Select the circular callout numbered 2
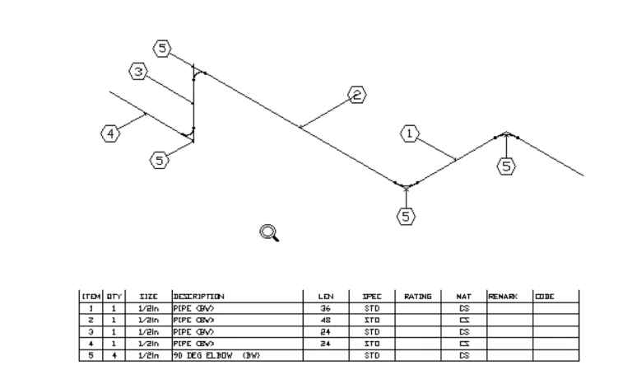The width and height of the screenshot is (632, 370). (x=357, y=96)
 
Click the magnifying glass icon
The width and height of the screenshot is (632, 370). (x=269, y=233)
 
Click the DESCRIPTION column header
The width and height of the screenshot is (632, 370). (x=198, y=295)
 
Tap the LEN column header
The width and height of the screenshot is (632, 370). (x=324, y=295)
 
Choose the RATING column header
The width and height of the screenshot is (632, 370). (x=418, y=295)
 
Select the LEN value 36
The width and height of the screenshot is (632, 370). (x=324, y=307)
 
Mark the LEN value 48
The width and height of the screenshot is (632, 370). (x=324, y=317)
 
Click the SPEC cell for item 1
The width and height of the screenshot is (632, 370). (x=371, y=307)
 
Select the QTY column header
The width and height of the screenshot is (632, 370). (x=112, y=295)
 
